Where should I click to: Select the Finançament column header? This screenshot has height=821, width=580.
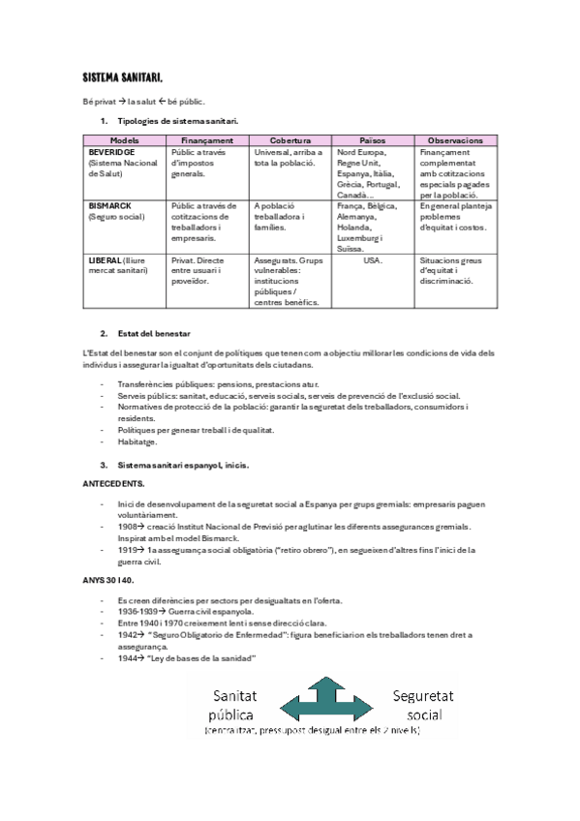tap(207, 140)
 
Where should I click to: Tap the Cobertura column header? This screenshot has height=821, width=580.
tap(290, 140)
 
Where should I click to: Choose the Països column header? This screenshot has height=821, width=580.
tap(373, 140)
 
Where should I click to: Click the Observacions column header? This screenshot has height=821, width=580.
tap(456, 140)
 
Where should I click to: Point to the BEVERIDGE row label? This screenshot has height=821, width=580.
tap(111, 152)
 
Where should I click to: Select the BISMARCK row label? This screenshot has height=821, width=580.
tap(111, 205)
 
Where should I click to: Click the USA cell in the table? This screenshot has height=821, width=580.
tap(373, 259)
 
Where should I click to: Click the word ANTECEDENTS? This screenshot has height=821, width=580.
tap(114, 481)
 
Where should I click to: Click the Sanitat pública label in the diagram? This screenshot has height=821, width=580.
tap(234, 705)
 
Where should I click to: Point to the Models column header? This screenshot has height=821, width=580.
tap(125, 140)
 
